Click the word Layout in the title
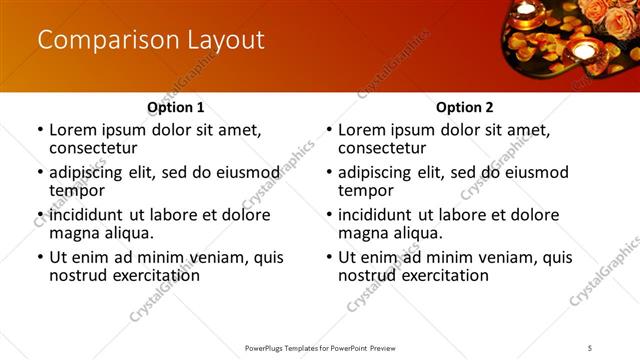coord(224,40)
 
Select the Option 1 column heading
coord(175,107)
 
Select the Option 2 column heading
coord(465,107)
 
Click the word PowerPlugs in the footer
coord(268,347)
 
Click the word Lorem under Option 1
coord(72,130)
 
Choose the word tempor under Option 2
coord(362,190)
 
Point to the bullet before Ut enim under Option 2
coord(330,257)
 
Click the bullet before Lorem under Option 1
coord(40,130)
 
